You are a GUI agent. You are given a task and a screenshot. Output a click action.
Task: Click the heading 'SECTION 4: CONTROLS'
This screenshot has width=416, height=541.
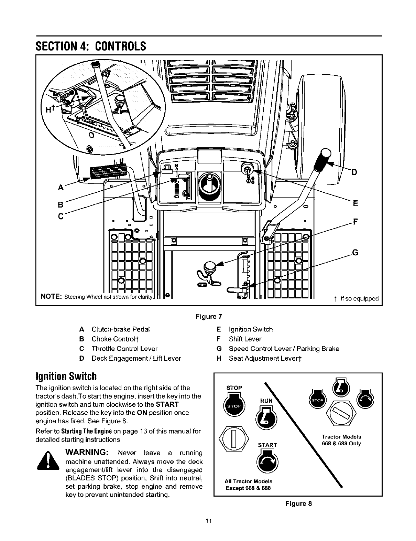point(91,46)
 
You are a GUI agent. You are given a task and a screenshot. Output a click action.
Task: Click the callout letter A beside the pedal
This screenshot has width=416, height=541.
point(61,188)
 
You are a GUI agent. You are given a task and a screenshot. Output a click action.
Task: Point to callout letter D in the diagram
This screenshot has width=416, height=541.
point(352,172)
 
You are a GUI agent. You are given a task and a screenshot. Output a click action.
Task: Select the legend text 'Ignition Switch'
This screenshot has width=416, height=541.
point(251,329)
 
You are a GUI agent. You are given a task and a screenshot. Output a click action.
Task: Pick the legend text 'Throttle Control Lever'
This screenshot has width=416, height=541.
point(124,349)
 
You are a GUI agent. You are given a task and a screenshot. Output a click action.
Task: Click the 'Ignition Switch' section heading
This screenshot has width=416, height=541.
point(65,374)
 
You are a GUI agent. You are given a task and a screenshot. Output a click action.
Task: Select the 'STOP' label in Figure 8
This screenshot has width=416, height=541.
point(234,388)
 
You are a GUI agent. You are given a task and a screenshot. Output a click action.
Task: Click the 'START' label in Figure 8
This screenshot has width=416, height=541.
point(267,445)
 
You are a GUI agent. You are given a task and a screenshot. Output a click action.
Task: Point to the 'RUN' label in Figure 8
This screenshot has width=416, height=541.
point(266,400)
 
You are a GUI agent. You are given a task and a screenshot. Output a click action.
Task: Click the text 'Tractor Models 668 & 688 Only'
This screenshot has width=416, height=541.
point(341,440)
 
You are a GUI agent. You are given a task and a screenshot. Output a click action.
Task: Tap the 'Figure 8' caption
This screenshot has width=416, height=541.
point(298,503)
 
